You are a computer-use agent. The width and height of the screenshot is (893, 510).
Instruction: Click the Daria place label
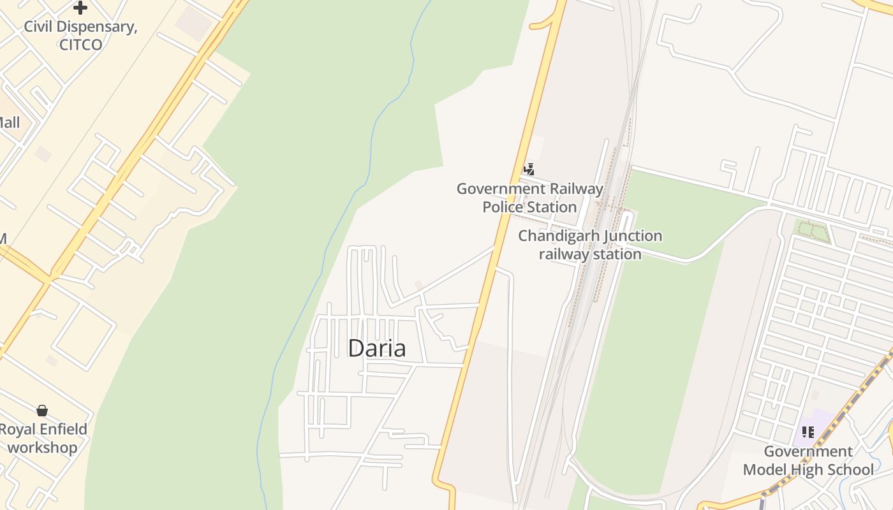[376, 348]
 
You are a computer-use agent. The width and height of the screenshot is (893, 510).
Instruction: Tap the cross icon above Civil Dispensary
[80, 8]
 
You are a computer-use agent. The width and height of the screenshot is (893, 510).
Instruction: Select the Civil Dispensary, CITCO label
[80, 36]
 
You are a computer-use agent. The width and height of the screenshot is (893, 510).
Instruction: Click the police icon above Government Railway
[529, 169]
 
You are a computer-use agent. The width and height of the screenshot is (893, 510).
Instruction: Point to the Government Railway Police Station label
[529, 198]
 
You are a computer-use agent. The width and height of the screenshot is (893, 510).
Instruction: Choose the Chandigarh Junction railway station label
[590, 245]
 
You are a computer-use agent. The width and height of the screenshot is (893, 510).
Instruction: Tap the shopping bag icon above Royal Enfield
[42, 410]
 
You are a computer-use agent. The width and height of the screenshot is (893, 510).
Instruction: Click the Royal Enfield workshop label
[42, 438]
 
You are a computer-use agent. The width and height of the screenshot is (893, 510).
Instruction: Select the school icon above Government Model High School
[808, 432]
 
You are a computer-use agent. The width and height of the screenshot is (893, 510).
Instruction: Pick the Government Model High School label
[808, 460]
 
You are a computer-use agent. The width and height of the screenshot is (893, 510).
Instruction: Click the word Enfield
[63, 429]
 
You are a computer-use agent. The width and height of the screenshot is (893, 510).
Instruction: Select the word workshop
[42, 448]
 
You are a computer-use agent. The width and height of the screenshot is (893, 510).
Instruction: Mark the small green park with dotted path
[811, 231]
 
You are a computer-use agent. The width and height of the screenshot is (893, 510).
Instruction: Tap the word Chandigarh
[558, 236]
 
